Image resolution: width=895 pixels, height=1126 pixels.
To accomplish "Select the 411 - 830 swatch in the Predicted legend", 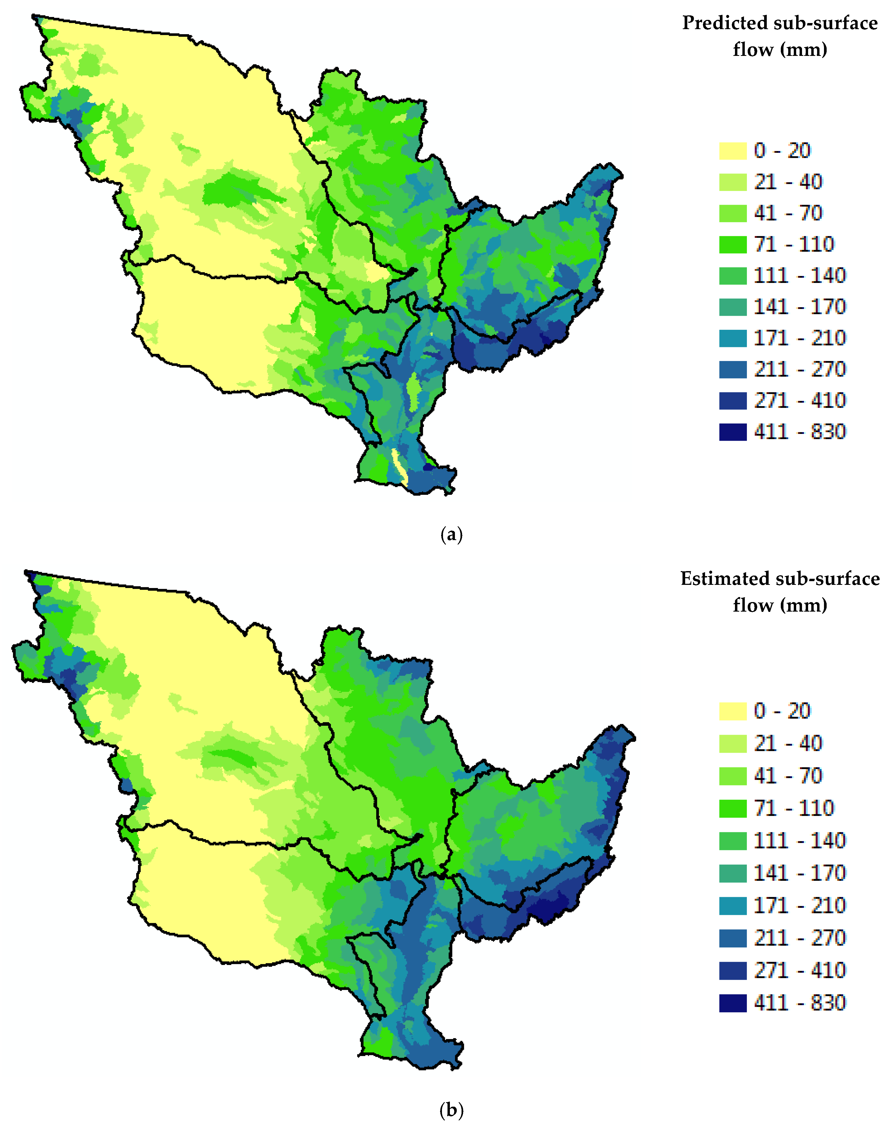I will (x=733, y=432).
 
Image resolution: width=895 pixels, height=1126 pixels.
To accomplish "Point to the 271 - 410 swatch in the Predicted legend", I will (x=733, y=400).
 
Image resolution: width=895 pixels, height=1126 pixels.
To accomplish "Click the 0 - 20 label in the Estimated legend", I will (x=782, y=711).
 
